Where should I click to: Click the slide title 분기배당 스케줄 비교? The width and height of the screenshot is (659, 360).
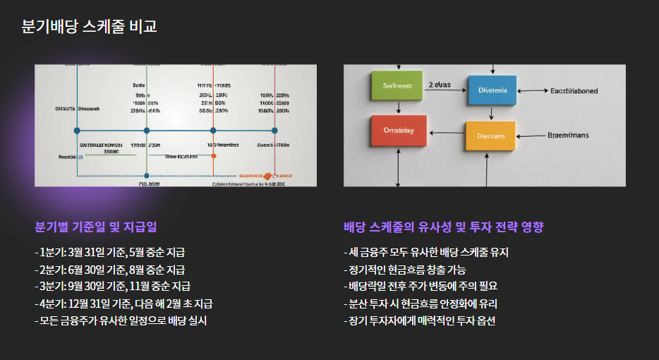(x=89, y=27)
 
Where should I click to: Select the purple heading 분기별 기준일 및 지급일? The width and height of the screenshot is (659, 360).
(x=96, y=227)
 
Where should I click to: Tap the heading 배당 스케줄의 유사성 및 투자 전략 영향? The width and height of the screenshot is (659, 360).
(x=443, y=227)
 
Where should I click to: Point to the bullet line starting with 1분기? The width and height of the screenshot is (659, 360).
(x=110, y=252)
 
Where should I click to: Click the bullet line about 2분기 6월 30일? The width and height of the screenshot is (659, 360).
(x=110, y=269)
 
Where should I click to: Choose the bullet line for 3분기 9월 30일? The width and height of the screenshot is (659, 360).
(x=112, y=286)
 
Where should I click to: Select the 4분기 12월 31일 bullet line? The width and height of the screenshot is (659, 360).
(x=123, y=304)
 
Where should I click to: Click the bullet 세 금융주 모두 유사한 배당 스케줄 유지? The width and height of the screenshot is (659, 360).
(x=426, y=252)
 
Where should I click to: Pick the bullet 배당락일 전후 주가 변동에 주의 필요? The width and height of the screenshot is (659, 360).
(x=421, y=286)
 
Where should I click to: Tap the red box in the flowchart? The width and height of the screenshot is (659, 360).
(x=399, y=131)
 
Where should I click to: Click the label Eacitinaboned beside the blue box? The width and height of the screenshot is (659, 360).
(x=574, y=91)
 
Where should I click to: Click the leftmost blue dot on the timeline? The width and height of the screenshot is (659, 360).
(x=77, y=131)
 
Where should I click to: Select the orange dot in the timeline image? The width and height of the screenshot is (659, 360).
(x=213, y=155)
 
